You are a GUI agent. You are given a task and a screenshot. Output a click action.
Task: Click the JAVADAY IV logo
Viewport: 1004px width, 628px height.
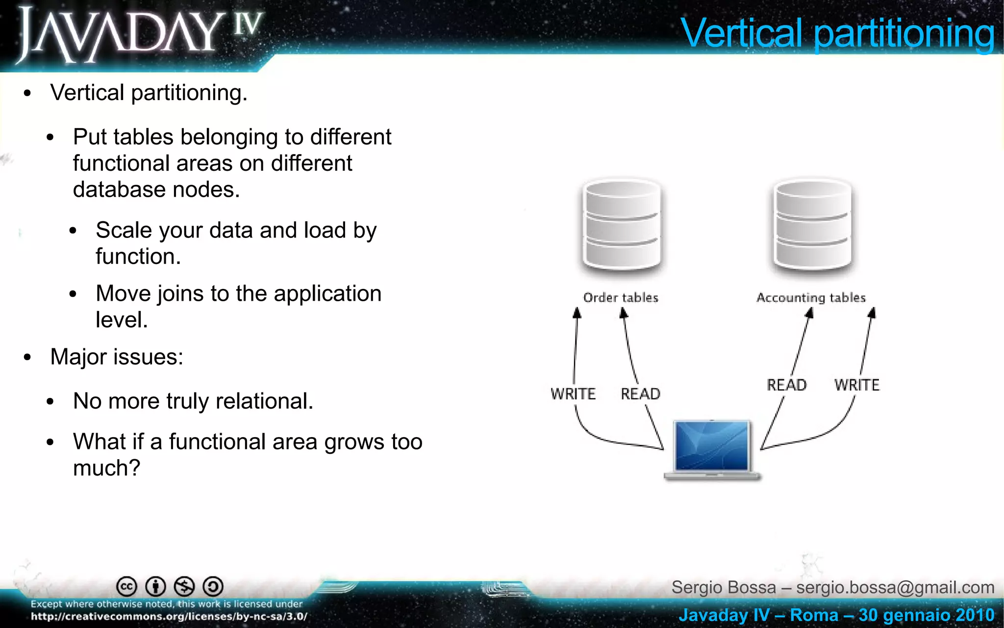pyautogui.click(x=140, y=34)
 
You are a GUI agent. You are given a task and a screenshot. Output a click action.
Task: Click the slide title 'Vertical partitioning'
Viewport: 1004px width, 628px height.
pyautogui.click(x=837, y=33)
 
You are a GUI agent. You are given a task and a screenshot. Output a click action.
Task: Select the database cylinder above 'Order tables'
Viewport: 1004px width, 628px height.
pyautogui.click(x=622, y=225)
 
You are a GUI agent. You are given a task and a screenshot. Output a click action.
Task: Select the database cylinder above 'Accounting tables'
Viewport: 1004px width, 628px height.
pyautogui.click(x=812, y=225)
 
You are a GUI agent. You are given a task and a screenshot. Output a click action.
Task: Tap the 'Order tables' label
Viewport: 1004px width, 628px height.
pyautogui.click(x=621, y=297)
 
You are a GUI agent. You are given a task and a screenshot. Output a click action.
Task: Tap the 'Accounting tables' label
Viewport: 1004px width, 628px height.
pyautogui.click(x=811, y=297)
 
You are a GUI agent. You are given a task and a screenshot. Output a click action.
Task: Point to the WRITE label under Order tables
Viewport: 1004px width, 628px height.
pyautogui.click(x=573, y=393)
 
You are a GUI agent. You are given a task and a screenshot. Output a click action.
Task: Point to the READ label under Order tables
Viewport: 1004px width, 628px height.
pyautogui.click(x=640, y=393)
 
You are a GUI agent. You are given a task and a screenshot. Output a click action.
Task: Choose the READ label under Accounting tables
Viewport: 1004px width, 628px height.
pyautogui.click(x=786, y=385)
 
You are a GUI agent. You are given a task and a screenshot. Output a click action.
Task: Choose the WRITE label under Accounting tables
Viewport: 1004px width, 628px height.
pyautogui.click(x=857, y=385)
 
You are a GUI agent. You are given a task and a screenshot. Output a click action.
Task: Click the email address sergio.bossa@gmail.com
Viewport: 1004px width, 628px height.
pyautogui.click(x=895, y=587)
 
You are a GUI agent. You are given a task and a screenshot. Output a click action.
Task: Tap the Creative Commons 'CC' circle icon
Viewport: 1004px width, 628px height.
pyautogui.click(x=126, y=586)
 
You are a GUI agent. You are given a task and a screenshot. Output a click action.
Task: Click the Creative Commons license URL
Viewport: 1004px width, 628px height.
pyautogui.click(x=169, y=617)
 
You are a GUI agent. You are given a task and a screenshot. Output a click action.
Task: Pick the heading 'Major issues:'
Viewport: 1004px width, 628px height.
pyautogui.click(x=117, y=357)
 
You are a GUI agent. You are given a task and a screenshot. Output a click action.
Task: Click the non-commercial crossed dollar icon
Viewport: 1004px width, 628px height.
pyautogui.click(x=184, y=586)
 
